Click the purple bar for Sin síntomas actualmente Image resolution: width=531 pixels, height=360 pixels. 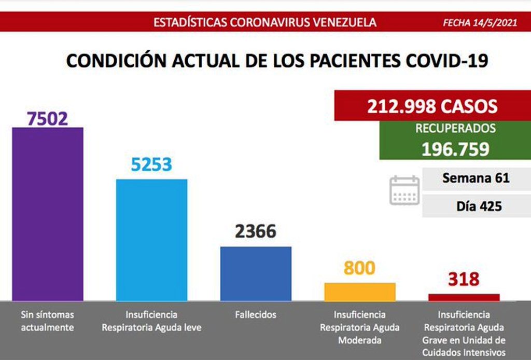[48, 214]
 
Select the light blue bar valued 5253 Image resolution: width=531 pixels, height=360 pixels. [151, 240]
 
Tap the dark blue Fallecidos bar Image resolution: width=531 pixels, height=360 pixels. [256, 273]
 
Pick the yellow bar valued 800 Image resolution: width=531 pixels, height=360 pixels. [360, 292]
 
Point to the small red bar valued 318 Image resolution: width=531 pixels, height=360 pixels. [464, 297]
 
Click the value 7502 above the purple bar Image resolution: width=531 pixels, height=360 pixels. [48, 118]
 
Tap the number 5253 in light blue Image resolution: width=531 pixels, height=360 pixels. [151, 164]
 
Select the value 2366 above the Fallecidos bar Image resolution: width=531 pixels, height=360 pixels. [256, 231]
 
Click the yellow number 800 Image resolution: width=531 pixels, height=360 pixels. [359, 268]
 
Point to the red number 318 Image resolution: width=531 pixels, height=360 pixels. [464, 280]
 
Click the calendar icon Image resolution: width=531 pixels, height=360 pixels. [404, 190]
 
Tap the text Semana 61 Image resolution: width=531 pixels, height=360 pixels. [476, 178]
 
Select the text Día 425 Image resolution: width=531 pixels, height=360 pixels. [479, 206]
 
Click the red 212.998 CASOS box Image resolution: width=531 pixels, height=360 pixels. [432, 106]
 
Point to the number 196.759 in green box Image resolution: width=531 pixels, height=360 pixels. [455, 149]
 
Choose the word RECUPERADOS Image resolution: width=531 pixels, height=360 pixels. [455, 129]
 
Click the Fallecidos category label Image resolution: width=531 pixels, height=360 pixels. [256, 314]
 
